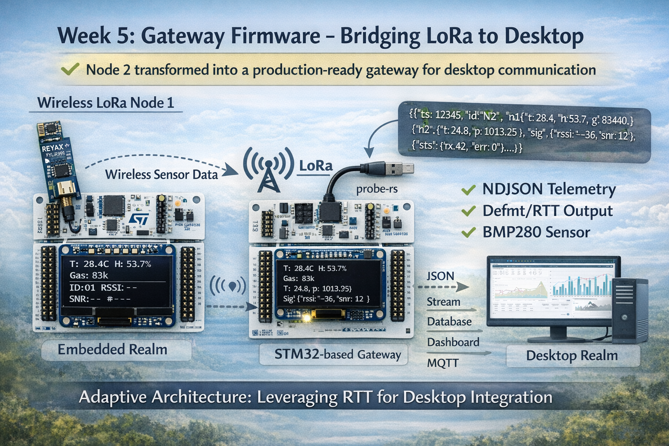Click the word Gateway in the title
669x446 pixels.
[182, 35]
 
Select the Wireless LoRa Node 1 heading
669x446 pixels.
[105, 103]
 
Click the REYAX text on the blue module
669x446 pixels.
[53, 148]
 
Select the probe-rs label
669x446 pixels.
[376, 189]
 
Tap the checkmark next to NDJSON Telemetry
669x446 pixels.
[468, 190]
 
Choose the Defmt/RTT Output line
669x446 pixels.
[547, 211]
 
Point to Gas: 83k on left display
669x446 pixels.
[89, 275]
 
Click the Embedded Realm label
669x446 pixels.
[112, 349]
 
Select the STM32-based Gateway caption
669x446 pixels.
[338, 355]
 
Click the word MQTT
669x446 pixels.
[443, 363]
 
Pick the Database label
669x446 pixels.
[449, 322]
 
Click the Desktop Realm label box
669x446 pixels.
[572, 355]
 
